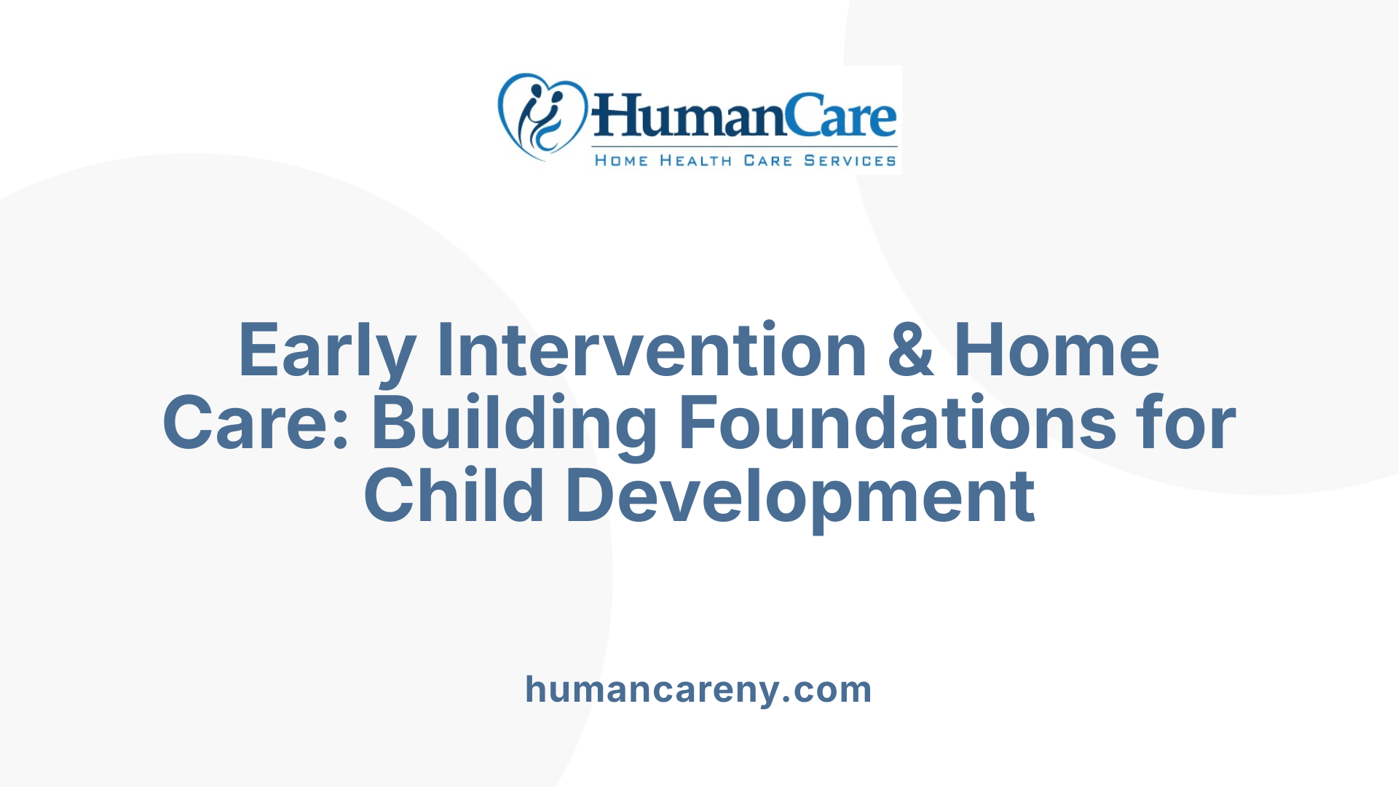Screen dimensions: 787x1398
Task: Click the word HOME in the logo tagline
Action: click(x=621, y=160)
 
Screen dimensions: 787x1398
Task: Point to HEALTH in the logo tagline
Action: click(x=695, y=160)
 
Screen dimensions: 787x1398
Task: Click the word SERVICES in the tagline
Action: click(x=850, y=160)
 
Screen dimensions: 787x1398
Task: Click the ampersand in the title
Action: click(x=910, y=351)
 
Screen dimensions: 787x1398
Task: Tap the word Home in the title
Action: click(x=1056, y=351)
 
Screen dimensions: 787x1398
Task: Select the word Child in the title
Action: click(x=454, y=497)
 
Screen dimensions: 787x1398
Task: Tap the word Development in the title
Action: click(x=800, y=497)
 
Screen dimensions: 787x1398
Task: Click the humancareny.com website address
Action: click(x=698, y=689)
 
